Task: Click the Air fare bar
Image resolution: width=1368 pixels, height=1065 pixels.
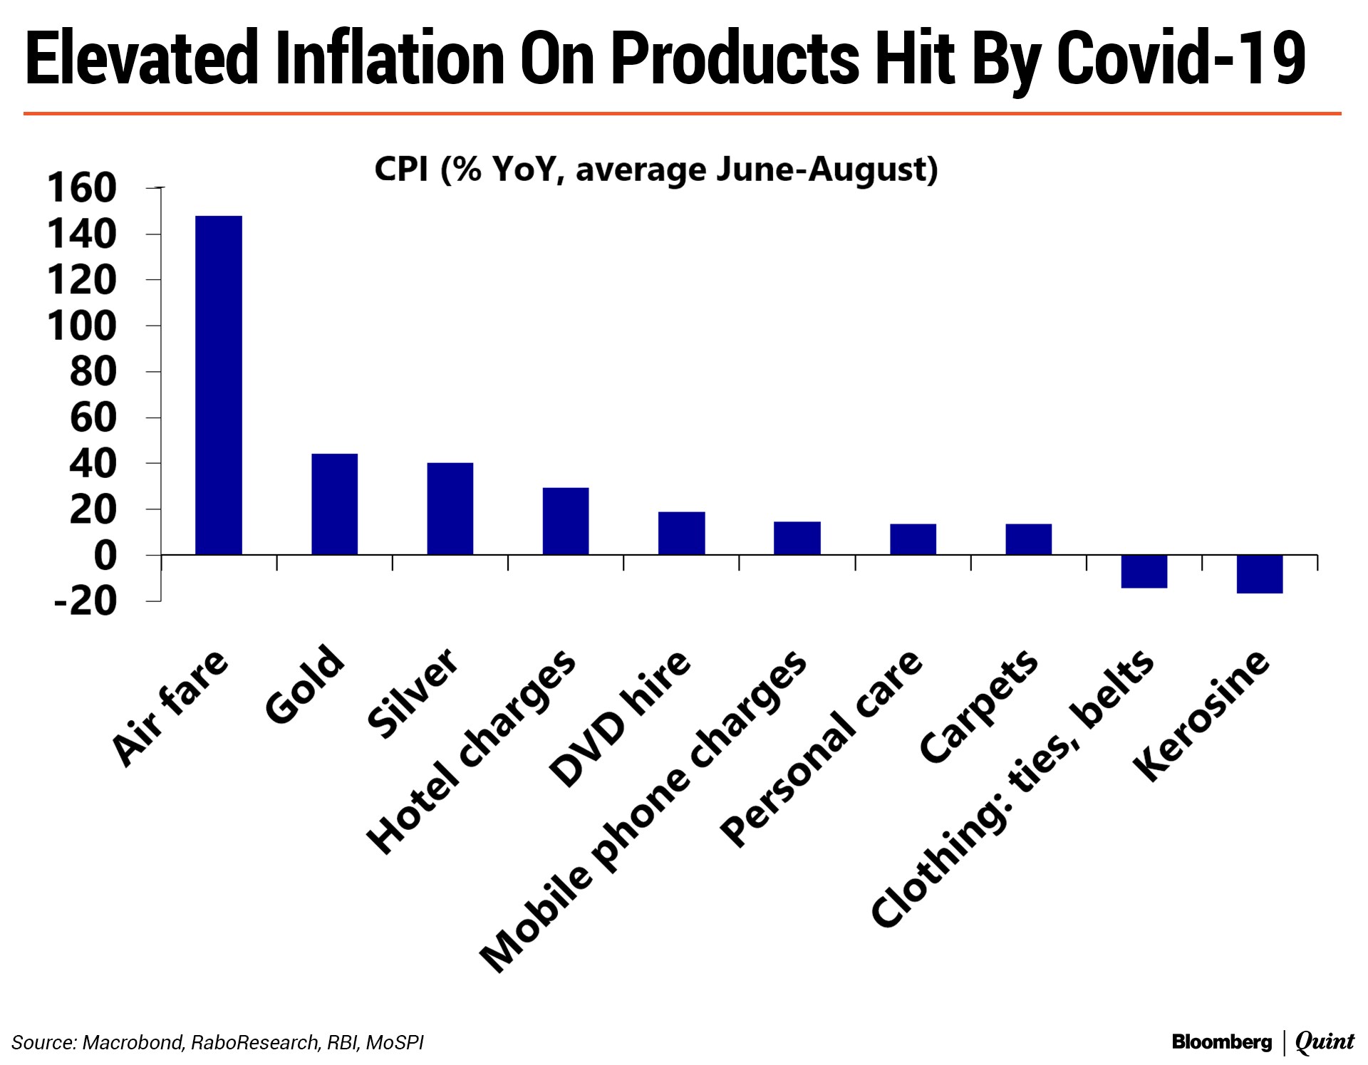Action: coord(219,385)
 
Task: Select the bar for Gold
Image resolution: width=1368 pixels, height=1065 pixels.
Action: coord(334,504)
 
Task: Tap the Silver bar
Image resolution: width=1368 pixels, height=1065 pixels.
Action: coord(450,509)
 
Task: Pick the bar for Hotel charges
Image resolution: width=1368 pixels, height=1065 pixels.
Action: coord(566,521)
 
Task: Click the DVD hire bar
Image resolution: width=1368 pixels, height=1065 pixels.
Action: coord(681,533)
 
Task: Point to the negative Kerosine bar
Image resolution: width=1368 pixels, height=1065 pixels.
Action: coord(1260,573)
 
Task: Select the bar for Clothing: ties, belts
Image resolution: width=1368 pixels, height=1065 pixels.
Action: coord(1144,571)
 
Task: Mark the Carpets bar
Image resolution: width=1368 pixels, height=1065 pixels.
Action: coord(1028,539)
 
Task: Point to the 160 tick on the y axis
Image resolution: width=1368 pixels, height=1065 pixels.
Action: coord(81,189)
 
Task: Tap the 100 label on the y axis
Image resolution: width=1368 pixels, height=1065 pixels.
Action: coord(81,326)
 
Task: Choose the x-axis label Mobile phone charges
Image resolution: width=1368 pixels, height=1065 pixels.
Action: coord(643,811)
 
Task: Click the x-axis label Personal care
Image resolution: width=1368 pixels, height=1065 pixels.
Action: coord(821,749)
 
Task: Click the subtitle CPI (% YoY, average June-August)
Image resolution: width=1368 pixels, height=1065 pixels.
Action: coord(656,170)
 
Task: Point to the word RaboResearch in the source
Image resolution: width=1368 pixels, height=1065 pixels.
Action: coord(255,1043)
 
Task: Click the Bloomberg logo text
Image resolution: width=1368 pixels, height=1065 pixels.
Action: coord(1221,1042)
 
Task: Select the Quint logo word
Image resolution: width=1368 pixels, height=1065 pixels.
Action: coord(1325,1042)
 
